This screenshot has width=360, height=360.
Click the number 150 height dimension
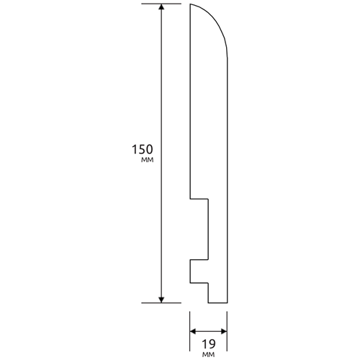click(x=142, y=149)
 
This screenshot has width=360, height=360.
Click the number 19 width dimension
click(x=209, y=344)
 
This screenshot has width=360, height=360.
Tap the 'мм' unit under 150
click(x=147, y=160)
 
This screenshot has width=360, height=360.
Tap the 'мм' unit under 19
click(x=209, y=354)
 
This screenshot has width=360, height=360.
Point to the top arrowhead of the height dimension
click(x=161, y=7)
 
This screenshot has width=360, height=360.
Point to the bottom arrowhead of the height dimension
click(x=161, y=300)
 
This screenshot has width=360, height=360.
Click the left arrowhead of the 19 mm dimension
click(x=193, y=332)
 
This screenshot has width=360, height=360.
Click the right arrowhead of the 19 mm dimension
click(x=224, y=332)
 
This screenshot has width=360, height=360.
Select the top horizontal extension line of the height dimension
click(x=161, y=4)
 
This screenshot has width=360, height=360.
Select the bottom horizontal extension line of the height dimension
click(x=161, y=303)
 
